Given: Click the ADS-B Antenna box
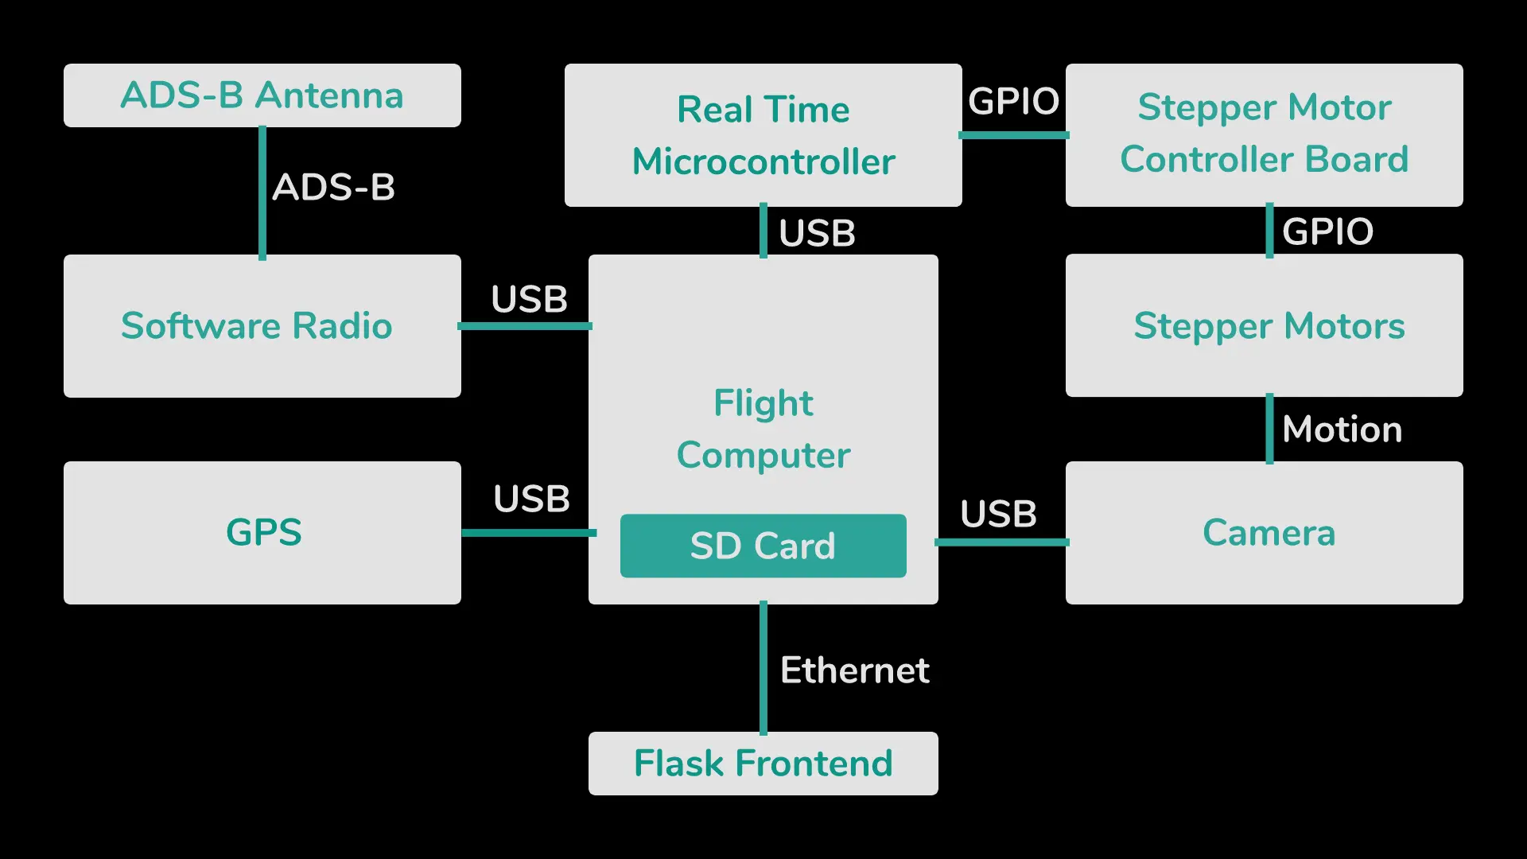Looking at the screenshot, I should tap(262, 95).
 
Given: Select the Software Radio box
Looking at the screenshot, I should tap(262, 326).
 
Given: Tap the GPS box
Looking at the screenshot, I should tap(262, 533).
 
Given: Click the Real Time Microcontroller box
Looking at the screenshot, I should tap(763, 135).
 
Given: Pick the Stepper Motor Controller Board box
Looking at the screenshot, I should tap(1265, 135).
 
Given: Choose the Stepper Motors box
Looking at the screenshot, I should tap(1265, 326).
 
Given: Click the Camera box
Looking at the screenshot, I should tap(1265, 533).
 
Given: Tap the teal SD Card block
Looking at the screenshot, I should tap(763, 546).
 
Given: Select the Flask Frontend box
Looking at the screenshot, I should tap(763, 764).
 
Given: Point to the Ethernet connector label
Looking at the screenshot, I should tap(855, 670).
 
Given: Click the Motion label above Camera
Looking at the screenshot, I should tap(1342, 429).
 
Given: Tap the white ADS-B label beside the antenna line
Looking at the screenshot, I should tap(334, 188).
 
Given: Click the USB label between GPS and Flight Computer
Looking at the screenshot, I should tap(531, 499).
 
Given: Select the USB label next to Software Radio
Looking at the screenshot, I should tap(530, 300).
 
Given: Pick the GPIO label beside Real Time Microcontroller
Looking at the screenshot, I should tap(1014, 102).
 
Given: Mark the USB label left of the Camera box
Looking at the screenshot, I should tap(999, 515).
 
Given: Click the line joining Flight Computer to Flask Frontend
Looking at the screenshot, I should tap(763, 668).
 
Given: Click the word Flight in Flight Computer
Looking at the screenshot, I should tap(763, 403).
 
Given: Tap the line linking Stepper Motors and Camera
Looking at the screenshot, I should tap(1269, 429).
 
